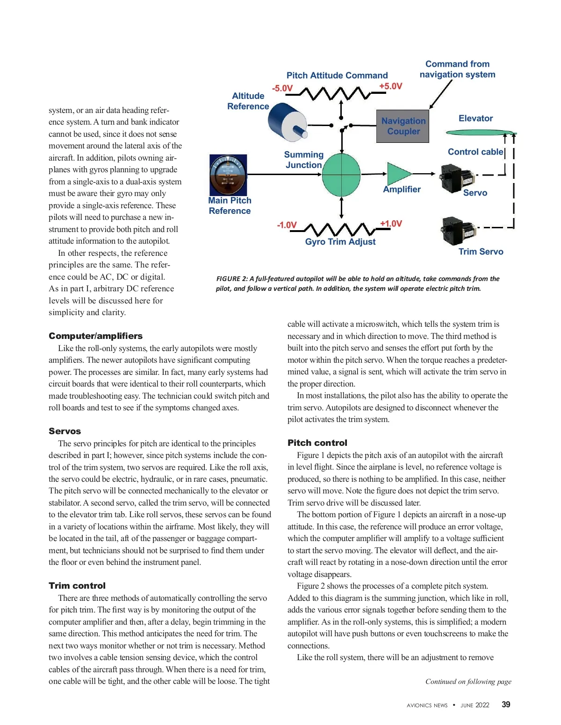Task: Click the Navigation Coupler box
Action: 403,126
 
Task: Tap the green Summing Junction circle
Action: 341,174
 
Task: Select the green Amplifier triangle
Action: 397,174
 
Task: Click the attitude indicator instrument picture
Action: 228,175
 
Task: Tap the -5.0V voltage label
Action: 282,88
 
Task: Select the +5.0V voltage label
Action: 390,86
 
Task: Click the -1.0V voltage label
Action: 287,225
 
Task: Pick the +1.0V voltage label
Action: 391,224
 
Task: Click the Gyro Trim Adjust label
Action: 340,242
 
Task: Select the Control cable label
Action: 475,152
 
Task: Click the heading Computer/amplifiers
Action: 96,336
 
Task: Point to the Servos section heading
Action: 65,431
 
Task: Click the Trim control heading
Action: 77,586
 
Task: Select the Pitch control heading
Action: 317,443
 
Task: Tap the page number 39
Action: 506,704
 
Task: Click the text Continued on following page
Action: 468,682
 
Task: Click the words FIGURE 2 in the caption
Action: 232,279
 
